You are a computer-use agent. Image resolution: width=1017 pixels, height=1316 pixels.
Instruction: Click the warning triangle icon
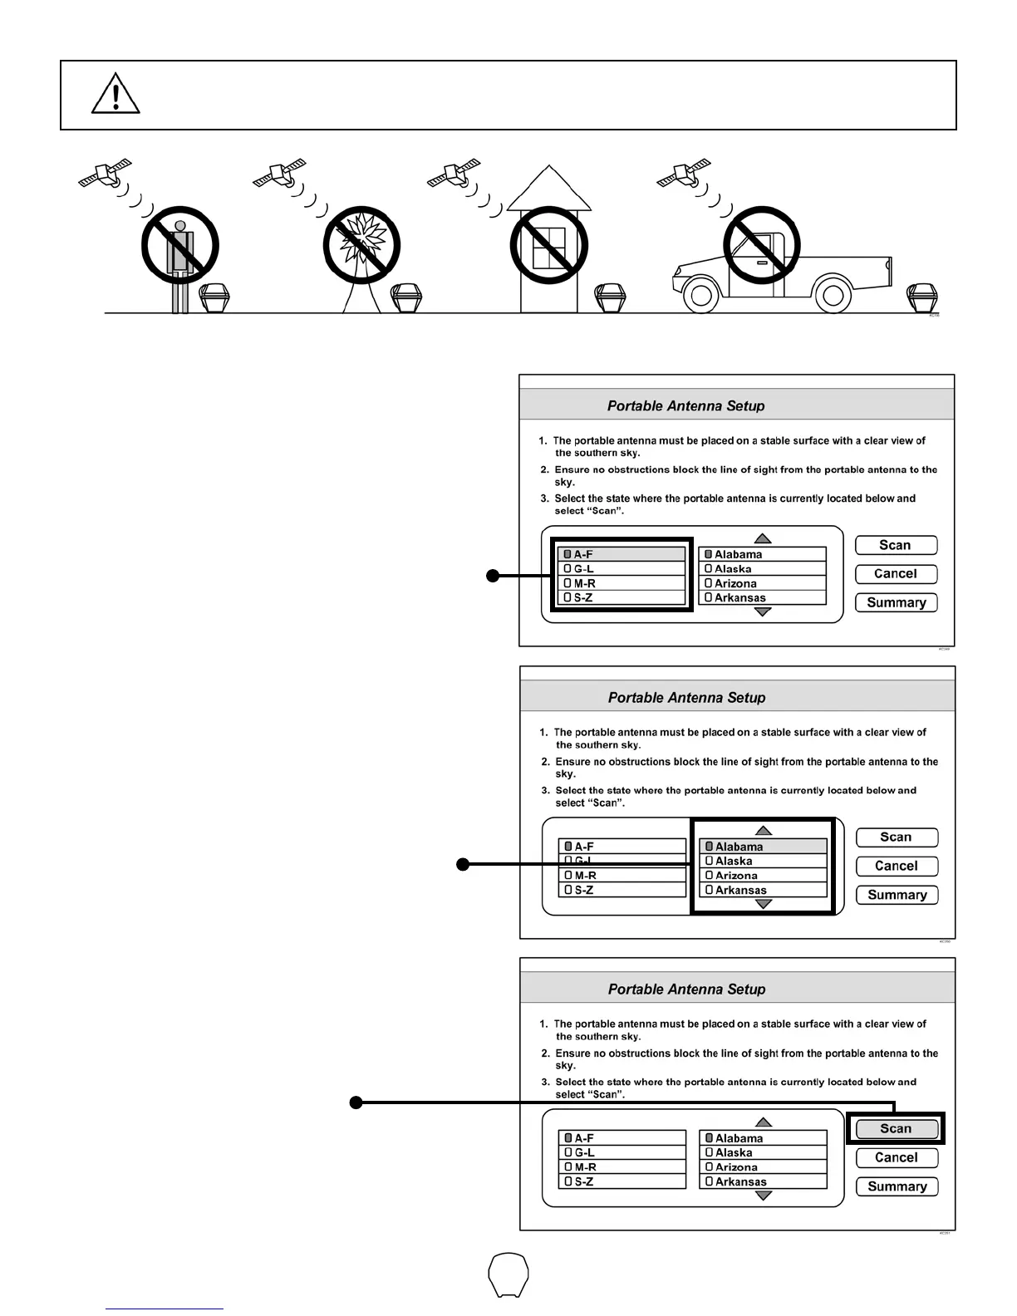[115, 95]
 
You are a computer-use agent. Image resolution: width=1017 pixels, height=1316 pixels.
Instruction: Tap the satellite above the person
[106, 173]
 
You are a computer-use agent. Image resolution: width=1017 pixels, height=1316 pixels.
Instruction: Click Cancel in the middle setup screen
[897, 866]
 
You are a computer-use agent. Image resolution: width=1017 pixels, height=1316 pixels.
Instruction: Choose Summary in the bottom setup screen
[897, 1186]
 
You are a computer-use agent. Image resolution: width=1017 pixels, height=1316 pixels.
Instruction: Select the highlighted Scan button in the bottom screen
[896, 1128]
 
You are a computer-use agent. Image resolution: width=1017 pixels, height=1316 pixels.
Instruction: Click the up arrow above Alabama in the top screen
[763, 539]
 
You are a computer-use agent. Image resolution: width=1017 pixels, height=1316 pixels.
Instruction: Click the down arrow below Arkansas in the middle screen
[764, 904]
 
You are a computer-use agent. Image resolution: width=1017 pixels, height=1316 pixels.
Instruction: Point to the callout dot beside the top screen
[493, 575]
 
